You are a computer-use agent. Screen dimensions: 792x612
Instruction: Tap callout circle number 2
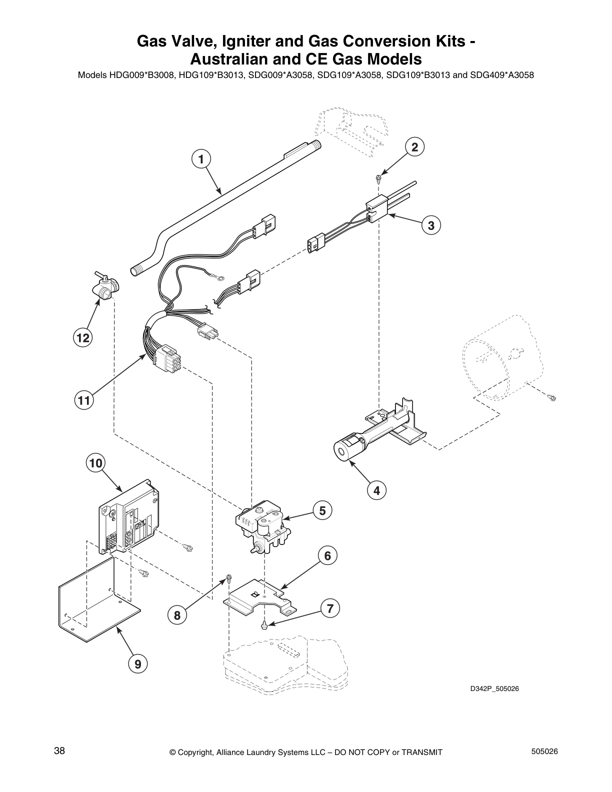(x=414, y=146)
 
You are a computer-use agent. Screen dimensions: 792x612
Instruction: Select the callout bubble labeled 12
(x=82, y=338)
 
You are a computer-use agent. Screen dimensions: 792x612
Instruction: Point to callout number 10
(x=95, y=463)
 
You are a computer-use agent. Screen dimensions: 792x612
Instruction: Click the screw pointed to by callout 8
(x=228, y=579)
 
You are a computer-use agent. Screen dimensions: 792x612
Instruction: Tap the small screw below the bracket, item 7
(x=263, y=625)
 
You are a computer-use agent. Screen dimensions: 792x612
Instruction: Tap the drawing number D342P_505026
(x=494, y=689)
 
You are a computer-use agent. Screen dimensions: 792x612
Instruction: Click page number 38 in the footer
(x=59, y=751)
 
